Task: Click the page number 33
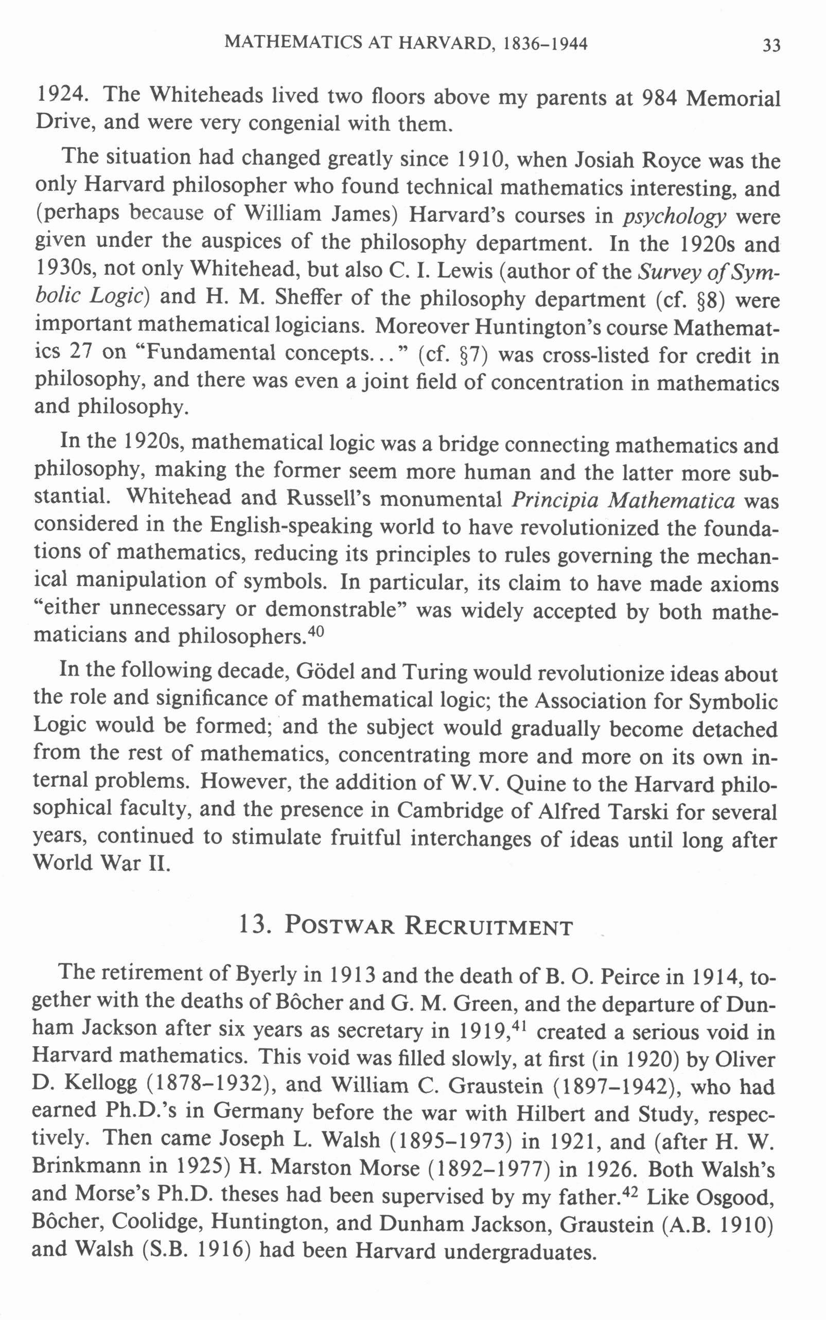(771, 45)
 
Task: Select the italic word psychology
(674, 217)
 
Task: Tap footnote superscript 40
(317, 631)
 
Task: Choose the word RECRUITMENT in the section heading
(488, 926)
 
